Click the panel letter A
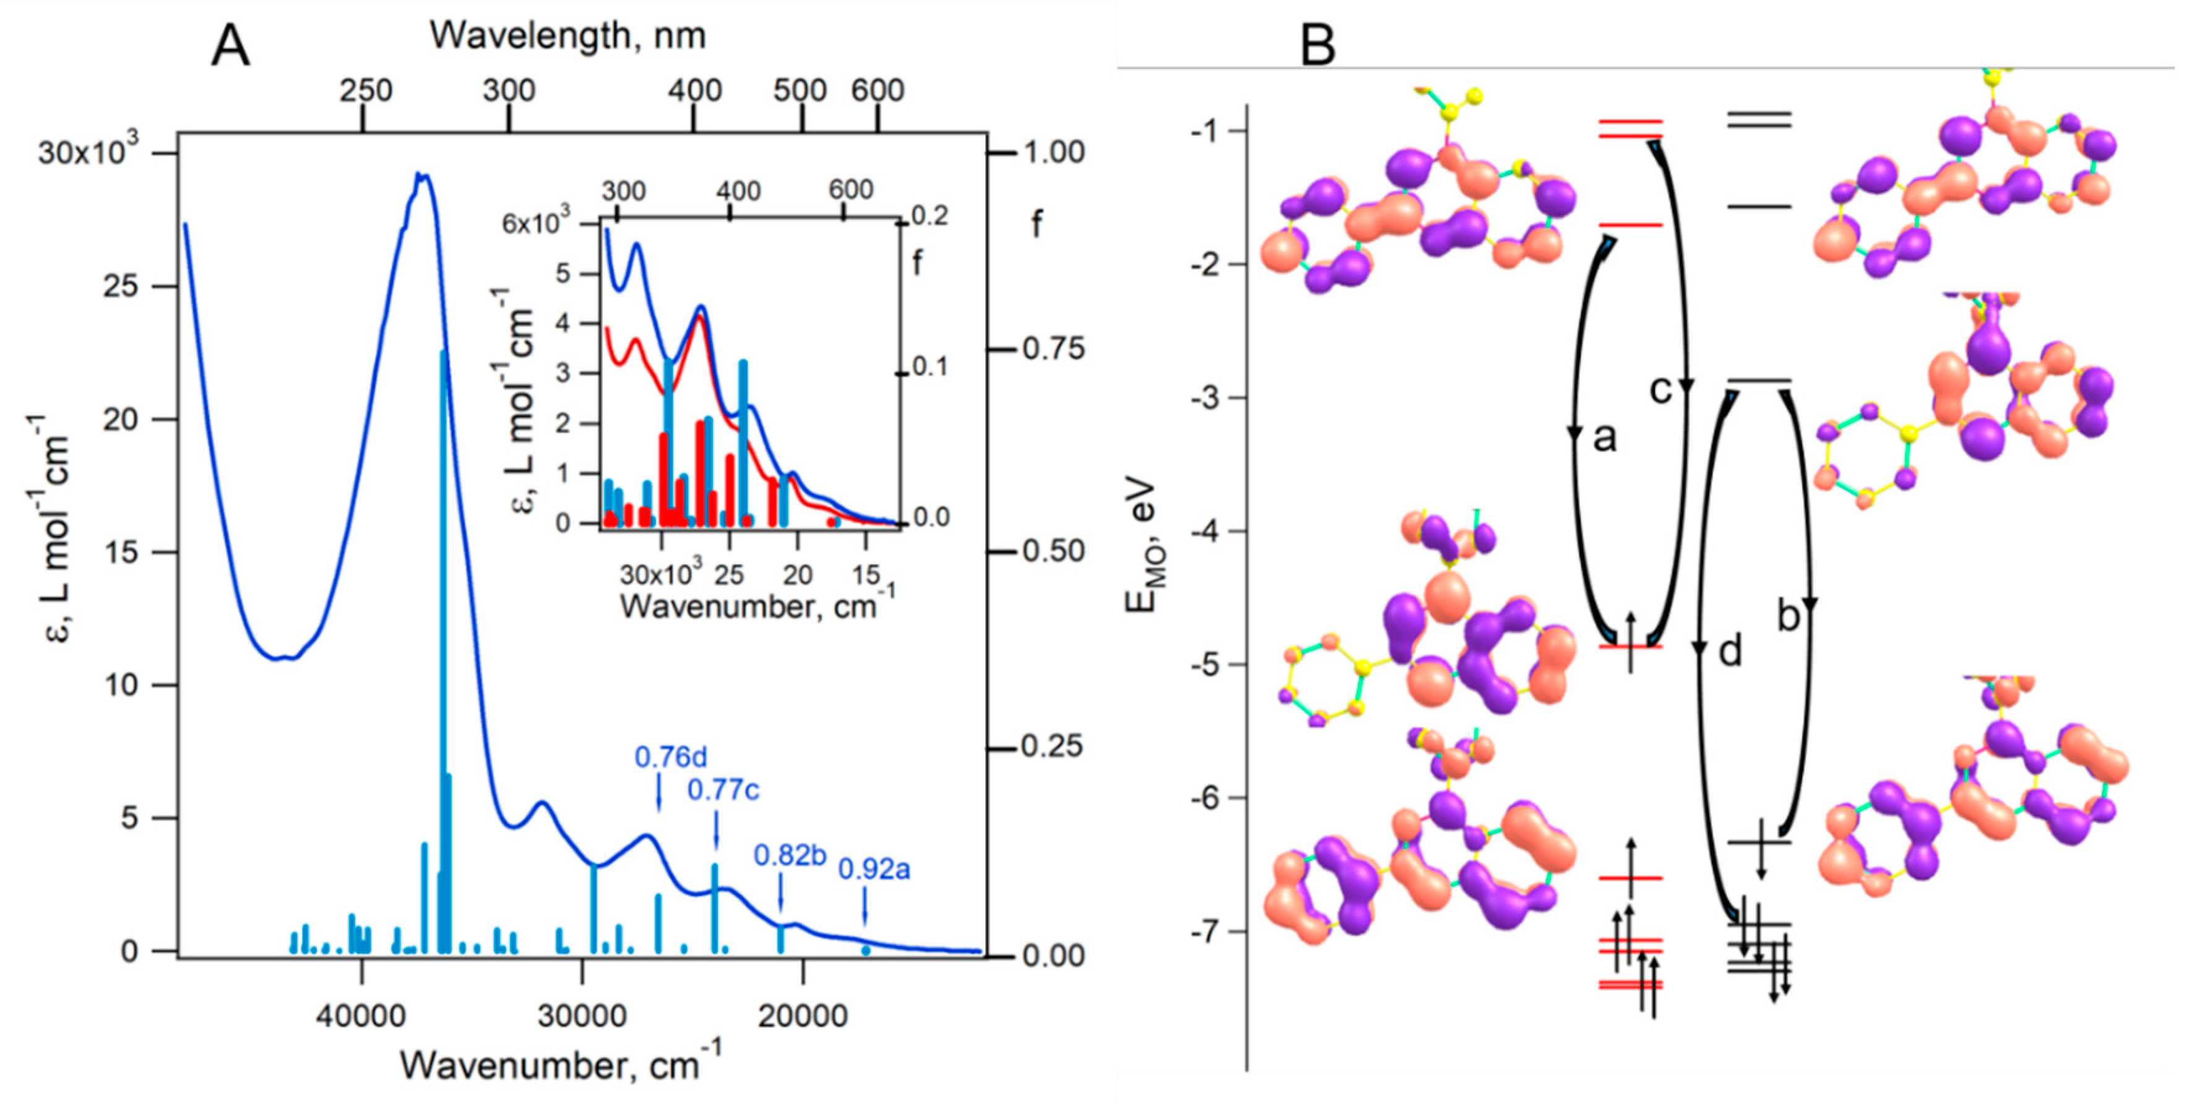coord(230,47)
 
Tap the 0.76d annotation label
coord(671,757)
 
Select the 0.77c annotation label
coord(723,789)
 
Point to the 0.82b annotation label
coord(789,855)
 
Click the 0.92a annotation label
coord(873,869)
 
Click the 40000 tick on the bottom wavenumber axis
coord(360,1015)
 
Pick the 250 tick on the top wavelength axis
coord(365,90)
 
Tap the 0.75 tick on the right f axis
coord(1053,349)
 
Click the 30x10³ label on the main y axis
coord(88,152)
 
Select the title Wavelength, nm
coord(568,36)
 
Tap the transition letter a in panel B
coord(1604,437)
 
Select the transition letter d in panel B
coord(1729,651)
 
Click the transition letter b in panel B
coord(1787,616)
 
